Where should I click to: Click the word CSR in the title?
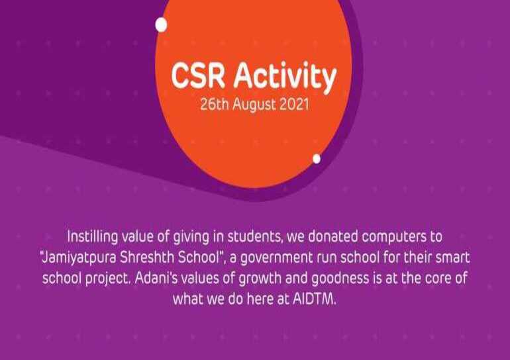198,76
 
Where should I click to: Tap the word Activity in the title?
285,77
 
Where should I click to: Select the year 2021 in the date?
294,105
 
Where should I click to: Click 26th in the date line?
215,105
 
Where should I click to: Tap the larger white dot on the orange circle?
162,25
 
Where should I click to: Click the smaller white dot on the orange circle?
317,159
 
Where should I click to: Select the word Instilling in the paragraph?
92,237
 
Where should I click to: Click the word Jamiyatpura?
79,258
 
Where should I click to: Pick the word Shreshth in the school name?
147,257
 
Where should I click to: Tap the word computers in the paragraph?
394,237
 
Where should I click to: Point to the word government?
276,258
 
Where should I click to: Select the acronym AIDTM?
314,299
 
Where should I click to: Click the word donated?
332,236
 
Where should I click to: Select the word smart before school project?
452,258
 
